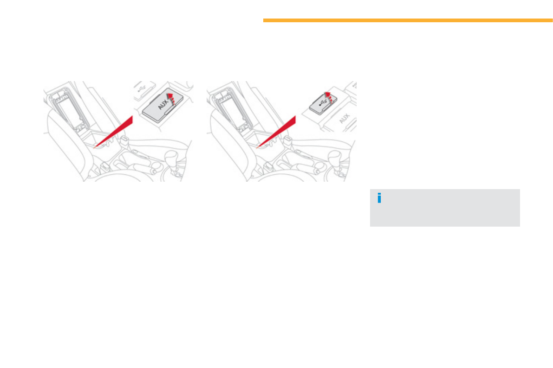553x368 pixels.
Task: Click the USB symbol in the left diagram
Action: pyautogui.click(x=142, y=89)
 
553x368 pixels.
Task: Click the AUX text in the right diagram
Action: pyautogui.click(x=344, y=119)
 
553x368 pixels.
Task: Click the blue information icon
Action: pyautogui.click(x=379, y=198)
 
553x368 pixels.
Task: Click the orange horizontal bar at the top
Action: pyautogui.click(x=408, y=20)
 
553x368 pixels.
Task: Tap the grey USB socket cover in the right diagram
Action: pyautogui.click(x=321, y=103)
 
